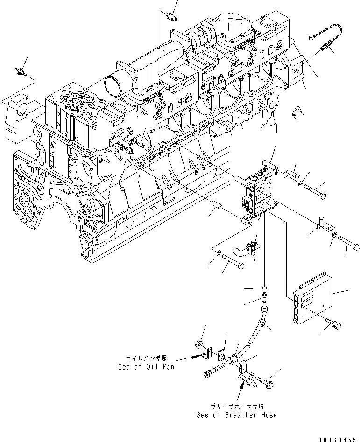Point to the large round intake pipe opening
click(x=114, y=86)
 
